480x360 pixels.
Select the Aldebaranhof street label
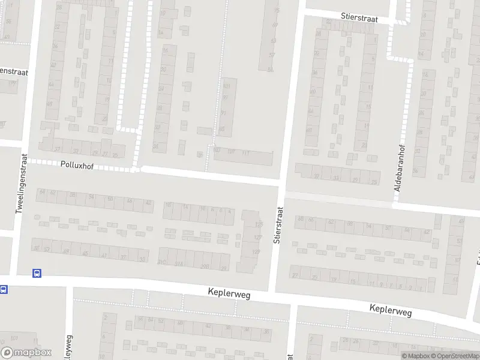(x=397, y=167)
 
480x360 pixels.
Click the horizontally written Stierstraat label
(x=358, y=19)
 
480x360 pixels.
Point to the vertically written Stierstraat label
(x=277, y=225)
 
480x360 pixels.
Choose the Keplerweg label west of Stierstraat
(x=229, y=294)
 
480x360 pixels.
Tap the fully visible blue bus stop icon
(x=38, y=273)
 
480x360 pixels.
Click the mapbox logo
(x=26, y=352)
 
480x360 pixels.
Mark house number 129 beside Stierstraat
(x=257, y=252)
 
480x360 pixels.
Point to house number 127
(x=258, y=238)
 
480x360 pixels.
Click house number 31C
(x=162, y=262)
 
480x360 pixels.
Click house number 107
(x=231, y=152)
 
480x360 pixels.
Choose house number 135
(x=259, y=224)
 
